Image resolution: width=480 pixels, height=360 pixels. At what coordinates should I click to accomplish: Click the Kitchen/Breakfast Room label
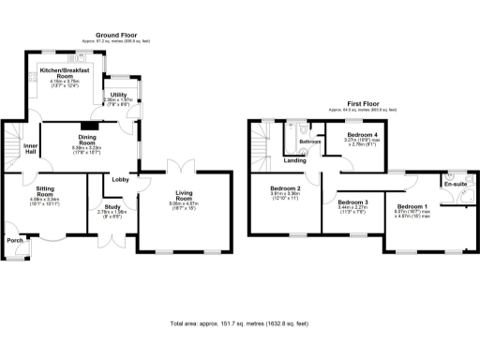(x=66, y=73)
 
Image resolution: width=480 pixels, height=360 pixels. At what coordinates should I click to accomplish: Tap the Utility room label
(x=119, y=95)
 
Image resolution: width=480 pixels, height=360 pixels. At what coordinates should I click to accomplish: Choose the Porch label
(x=14, y=240)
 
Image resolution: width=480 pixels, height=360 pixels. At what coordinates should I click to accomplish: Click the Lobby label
(x=121, y=179)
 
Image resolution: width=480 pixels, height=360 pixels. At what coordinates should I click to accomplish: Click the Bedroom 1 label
(x=412, y=206)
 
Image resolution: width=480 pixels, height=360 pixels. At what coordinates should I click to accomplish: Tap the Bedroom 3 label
(x=352, y=202)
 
